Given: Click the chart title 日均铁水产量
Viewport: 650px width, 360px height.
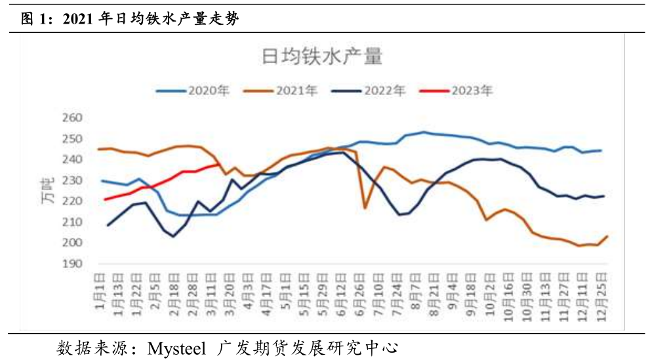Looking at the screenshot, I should pos(321,57).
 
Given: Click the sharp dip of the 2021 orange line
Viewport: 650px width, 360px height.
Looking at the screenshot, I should pos(365,208).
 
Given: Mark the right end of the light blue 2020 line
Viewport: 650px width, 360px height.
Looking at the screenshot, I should pos(601,150).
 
